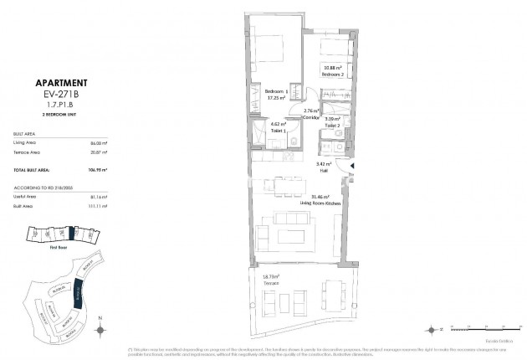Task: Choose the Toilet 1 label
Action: [x=279, y=130]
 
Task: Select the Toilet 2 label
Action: [x=332, y=123]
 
